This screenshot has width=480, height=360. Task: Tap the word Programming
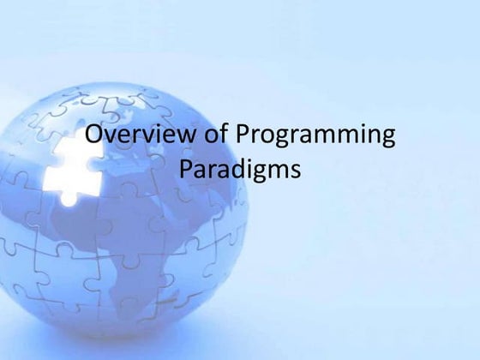pos(314,139)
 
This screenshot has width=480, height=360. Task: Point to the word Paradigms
pos(241,171)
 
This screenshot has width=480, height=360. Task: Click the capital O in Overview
pos(96,137)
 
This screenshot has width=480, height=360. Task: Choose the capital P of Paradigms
pos(189,169)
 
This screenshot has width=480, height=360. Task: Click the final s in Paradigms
pos(295,171)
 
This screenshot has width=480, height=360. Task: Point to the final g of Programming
pos(387,142)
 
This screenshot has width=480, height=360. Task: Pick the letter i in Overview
pos(147,137)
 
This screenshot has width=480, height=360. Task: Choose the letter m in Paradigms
pos(279,171)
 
